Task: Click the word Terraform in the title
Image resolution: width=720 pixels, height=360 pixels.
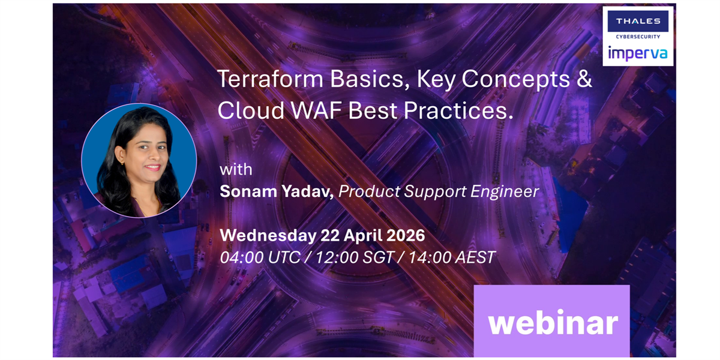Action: (271, 79)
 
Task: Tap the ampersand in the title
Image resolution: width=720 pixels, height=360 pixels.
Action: (584, 79)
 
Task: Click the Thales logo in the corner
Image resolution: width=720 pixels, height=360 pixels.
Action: (638, 21)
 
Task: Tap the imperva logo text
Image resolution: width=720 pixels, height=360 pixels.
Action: (638, 53)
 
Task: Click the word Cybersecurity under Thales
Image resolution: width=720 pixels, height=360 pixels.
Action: (638, 37)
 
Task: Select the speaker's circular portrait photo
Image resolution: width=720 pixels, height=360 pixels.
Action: (139, 160)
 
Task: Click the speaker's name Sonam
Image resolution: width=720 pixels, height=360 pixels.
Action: (248, 191)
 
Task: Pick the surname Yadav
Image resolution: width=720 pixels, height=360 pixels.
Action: (308, 191)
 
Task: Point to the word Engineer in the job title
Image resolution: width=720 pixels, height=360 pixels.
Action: (505, 191)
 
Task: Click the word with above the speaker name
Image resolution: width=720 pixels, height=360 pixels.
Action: (236, 169)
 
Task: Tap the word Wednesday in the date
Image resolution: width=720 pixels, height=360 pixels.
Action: (268, 235)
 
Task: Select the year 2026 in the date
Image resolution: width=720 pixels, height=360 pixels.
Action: (406, 235)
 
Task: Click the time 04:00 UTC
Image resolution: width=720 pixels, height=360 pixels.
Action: (260, 257)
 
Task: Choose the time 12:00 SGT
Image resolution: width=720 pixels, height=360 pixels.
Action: (355, 257)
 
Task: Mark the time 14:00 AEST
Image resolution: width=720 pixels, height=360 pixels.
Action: (452, 257)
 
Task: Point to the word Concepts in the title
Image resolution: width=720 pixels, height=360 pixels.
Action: (516, 79)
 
